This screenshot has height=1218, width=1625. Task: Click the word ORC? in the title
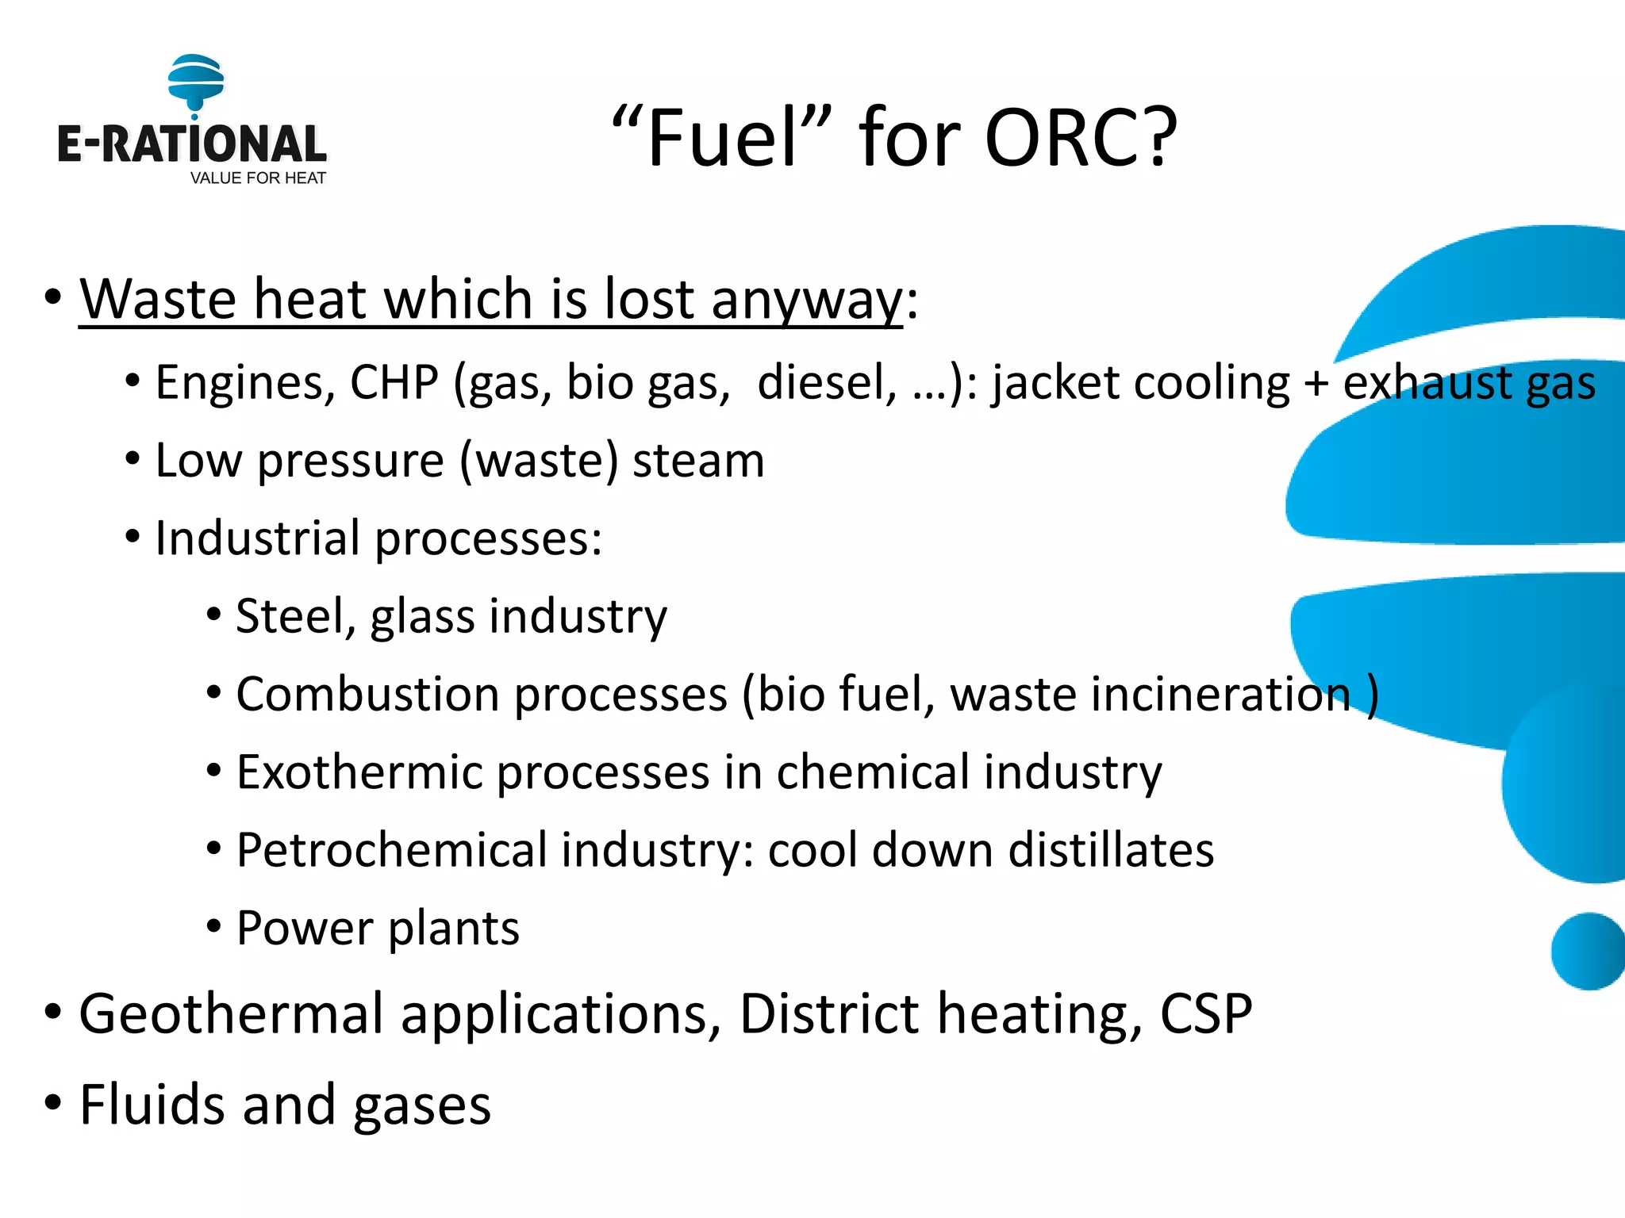click(x=1081, y=138)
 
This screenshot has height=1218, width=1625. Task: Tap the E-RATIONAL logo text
click(x=191, y=145)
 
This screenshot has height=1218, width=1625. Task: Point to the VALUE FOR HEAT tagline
click(x=258, y=178)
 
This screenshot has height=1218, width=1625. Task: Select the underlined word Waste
click(x=159, y=299)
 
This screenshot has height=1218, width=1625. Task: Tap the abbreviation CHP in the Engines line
click(x=394, y=383)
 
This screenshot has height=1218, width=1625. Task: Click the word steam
click(x=698, y=461)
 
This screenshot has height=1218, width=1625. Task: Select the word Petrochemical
click(x=392, y=850)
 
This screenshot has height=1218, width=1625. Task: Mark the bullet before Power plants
click(x=213, y=926)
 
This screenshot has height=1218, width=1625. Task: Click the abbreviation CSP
click(x=1206, y=1014)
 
